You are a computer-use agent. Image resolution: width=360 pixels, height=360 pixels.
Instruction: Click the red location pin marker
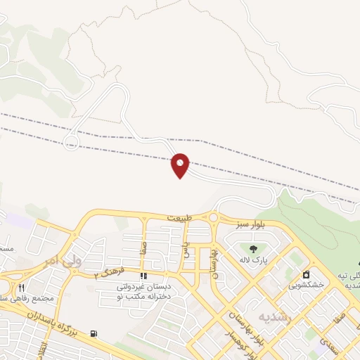(181, 165)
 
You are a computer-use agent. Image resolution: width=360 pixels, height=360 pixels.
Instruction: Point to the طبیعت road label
(179, 219)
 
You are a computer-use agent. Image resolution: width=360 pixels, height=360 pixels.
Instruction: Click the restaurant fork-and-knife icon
(21, 287)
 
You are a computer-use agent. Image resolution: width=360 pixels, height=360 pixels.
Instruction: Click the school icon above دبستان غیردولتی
(143, 276)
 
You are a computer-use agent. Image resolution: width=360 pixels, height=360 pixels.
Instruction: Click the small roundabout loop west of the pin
(70, 144)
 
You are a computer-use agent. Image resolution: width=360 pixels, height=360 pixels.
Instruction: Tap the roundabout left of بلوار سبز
(213, 219)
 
